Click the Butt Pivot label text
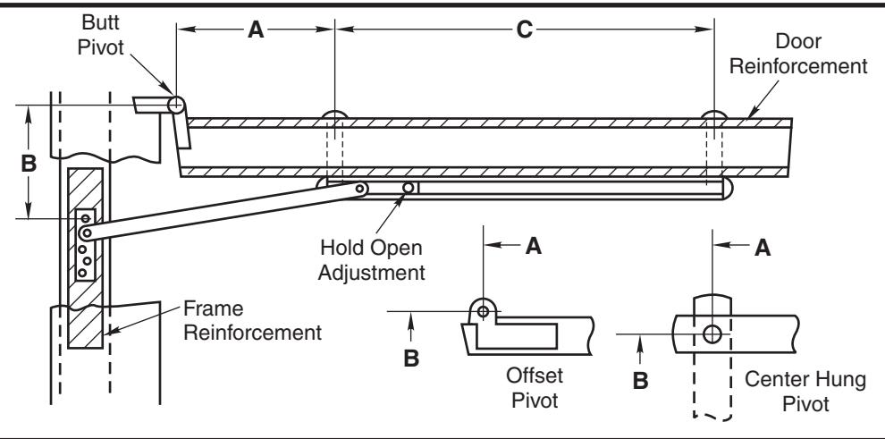click(x=100, y=35)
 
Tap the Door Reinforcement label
click(x=798, y=54)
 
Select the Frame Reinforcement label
click(x=253, y=320)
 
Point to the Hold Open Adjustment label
click(x=371, y=260)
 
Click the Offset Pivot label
click(x=535, y=388)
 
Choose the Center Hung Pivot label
click(x=805, y=391)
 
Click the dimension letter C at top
click(x=525, y=30)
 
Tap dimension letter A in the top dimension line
click(x=256, y=30)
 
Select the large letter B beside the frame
click(x=29, y=164)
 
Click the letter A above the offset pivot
click(x=534, y=246)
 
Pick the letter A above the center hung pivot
click(x=763, y=248)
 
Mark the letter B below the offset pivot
click(x=411, y=359)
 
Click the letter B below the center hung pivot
click(x=641, y=381)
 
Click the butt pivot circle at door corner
click(x=175, y=105)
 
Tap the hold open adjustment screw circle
click(x=408, y=188)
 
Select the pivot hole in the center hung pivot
click(x=712, y=334)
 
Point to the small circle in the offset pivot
click(x=483, y=311)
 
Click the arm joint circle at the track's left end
click(x=360, y=189)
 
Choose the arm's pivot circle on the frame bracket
click(x=87, y=232)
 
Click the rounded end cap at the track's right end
click(x=728, y=188)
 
